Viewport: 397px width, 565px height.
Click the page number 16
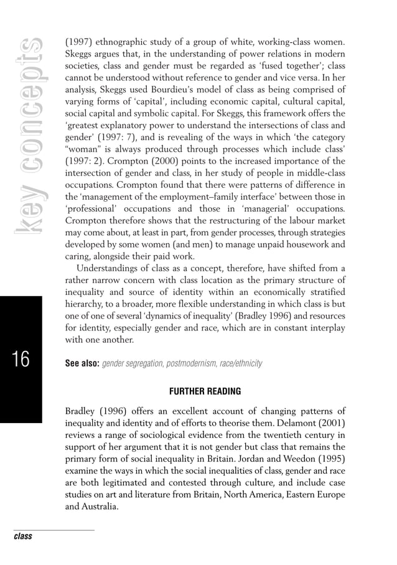pos(21,360)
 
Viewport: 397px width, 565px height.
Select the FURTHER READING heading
pos(205,392)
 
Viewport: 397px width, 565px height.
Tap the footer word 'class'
pos(23,536)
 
